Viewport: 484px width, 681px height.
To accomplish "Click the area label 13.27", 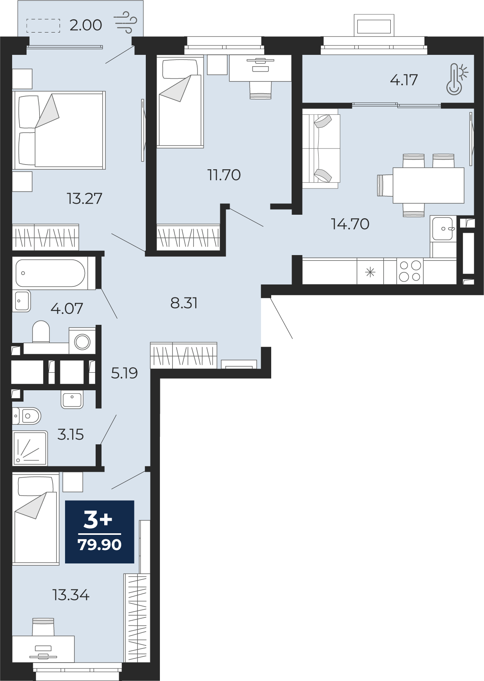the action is pyautogui.click(x=85, y=199).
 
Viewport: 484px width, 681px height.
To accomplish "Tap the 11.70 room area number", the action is pyautogui.click(x=224, y=175).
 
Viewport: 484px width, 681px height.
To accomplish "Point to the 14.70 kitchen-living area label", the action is pyautogui.click(x=350, y=224).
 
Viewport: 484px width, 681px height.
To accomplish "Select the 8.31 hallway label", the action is pyautogui.click(x=184, y=303).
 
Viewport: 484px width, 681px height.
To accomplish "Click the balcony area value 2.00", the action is pyautogui.click(x=86, y=25).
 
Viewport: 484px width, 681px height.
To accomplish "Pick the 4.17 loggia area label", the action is pyautogui.click(x=404, y=80).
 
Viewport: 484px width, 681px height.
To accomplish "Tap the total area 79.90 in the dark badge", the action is pyautogui.click(x=100, y=545).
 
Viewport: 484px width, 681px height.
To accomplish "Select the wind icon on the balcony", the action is pyautogui.click(x=125, y=23).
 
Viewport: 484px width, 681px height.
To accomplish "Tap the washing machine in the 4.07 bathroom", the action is pyautogui.click(x=82, y=341).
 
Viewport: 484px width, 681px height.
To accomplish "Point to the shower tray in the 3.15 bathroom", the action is pyautogui.click(x=30, y=448).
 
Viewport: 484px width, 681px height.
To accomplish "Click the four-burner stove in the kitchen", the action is pyautogui.click(x=410, y=271).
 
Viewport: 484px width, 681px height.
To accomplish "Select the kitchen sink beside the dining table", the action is pyautogui.click(x=443, y=228).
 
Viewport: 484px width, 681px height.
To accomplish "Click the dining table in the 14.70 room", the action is pyautogui.click(x=428, y=185).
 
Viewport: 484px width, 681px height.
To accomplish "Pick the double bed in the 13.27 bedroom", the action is pyautogui.click(x=59, y=130).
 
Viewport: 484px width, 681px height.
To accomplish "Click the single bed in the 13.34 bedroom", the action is pyautogui.click(x=36, y=519).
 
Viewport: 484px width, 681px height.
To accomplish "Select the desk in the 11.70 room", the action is pyautogui.click(x=260, y=68).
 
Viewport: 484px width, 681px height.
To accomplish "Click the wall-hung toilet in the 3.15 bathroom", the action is pyautogui.click(x=27, y=416).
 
